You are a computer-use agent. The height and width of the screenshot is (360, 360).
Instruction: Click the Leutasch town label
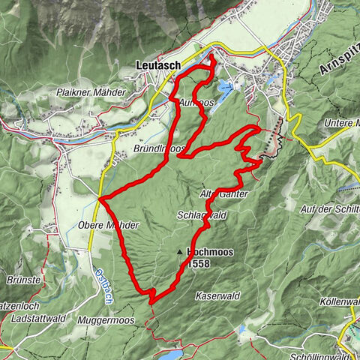158,65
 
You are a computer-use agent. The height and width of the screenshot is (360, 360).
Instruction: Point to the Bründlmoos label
160,148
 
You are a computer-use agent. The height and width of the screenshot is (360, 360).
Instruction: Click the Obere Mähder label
108,225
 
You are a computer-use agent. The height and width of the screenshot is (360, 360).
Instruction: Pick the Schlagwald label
202,214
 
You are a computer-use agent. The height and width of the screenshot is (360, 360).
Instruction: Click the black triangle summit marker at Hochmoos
180,253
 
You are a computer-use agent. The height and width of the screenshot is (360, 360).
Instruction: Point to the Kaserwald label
217,296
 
